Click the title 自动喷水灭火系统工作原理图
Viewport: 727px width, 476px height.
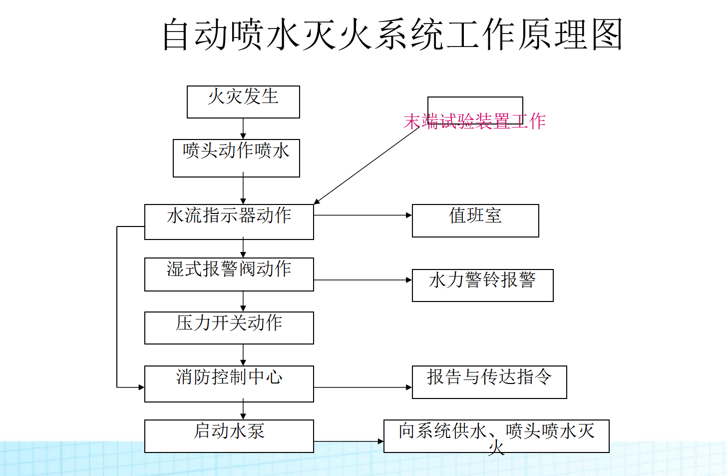point(392,34)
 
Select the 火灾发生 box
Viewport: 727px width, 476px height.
point(243,102)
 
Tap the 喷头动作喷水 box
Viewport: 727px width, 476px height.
point(236,158)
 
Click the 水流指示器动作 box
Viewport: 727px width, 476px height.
point(229,221)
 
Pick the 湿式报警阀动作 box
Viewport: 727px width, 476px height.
point(229,274)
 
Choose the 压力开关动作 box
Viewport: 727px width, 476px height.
point(229,327)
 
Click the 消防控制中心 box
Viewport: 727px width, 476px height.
point(229,383)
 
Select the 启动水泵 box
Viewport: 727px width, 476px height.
point(229,436)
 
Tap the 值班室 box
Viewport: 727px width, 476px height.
point(475,220)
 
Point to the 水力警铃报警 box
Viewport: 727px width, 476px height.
point(482,285)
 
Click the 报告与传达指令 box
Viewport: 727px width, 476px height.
point(489,382)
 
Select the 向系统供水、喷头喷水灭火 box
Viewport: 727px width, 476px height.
point(496,436)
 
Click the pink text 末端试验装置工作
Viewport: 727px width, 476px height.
point(474,121)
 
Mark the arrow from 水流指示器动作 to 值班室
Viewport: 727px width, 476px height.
point(363,215)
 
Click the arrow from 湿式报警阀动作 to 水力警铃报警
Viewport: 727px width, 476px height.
point(363,280)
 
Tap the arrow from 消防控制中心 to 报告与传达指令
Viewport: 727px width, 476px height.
point(363,387)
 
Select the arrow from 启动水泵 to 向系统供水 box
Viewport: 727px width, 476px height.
point(349,441)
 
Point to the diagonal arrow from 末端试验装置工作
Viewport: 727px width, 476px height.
point(367,165)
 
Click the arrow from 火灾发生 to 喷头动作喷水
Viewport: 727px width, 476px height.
point(243,128)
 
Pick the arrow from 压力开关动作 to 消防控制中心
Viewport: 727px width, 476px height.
point(243,355)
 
